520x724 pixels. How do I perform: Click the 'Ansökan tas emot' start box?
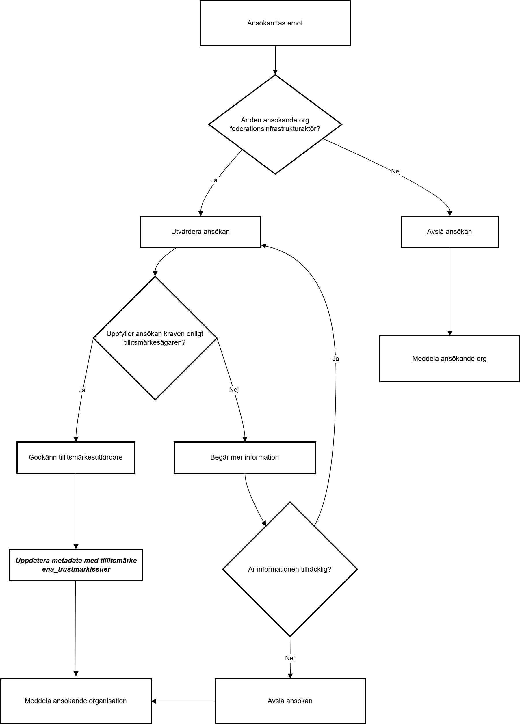[275, 23]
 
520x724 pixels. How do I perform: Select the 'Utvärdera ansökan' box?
[200, 232]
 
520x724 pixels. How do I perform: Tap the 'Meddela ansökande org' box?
[450, 359]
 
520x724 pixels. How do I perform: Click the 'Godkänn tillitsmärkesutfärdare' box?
[76, 458]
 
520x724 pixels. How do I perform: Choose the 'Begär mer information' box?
[245, 458]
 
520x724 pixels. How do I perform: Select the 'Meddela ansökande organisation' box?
[76, 701]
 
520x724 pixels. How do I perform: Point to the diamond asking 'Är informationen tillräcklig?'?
[290, 569]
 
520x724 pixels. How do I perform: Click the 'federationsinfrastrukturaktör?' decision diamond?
[275, 124]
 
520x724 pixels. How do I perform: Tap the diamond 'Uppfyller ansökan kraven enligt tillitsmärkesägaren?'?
[155, 338]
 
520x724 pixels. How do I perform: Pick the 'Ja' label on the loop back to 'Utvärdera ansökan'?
[335, 359]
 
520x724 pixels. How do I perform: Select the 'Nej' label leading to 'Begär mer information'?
[234, 389]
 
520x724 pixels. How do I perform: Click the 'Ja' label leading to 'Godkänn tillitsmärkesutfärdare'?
[82, 390]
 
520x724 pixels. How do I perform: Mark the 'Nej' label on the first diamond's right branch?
[396, 171]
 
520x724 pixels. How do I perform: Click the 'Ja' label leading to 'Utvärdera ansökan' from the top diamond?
[214, 180]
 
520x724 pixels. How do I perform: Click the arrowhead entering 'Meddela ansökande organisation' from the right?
[154, 701]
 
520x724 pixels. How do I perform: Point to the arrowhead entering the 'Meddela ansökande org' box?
[450, 333]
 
